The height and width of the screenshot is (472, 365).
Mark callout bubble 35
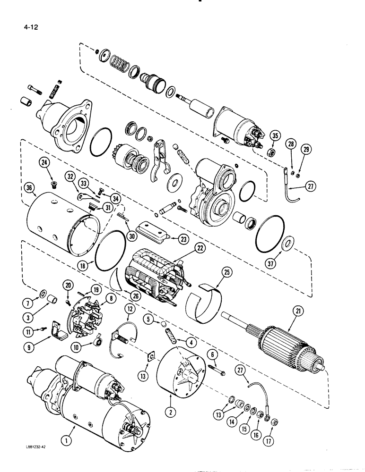click(x=275, y=137)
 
